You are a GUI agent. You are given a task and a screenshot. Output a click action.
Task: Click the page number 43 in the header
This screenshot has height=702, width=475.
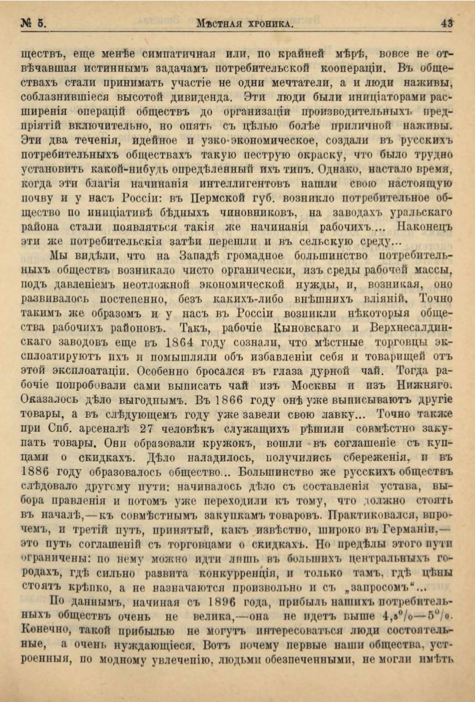[x=447, y=24]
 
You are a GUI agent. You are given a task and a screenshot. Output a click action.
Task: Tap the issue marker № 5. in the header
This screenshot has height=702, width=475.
[x=33, y=24]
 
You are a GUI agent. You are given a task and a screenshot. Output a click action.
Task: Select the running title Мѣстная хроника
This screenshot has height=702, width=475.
[x=245, y=25]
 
